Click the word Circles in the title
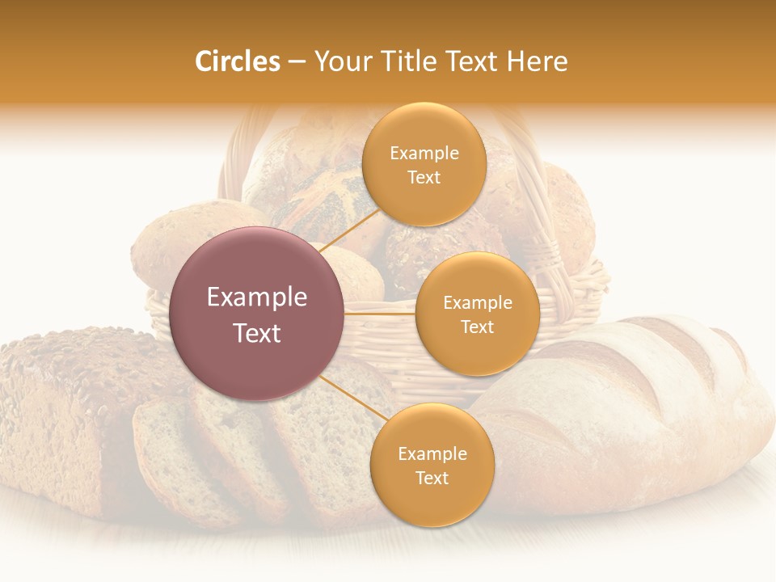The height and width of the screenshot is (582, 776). coord(237,61)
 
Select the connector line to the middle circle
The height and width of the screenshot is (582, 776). coord(380,313)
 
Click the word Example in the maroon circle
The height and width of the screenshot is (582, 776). coord(257,297)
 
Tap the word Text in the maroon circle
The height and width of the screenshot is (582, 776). coord(257,333)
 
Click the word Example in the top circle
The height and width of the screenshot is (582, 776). coord(424,154)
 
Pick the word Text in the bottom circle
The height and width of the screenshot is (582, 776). coord(432,478)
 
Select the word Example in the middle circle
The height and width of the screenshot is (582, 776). coord(477,303)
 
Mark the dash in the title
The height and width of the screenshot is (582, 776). coord(296,61)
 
